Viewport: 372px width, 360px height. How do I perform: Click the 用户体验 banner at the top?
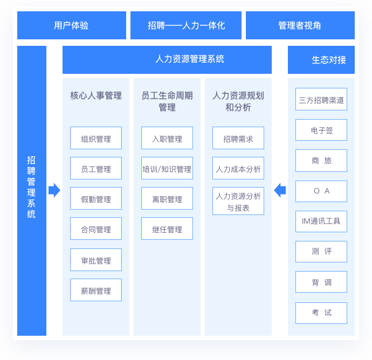[72, 25]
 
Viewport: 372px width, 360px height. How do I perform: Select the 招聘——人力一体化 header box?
[186, 25]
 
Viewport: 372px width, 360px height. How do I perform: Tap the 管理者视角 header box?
[300, 25]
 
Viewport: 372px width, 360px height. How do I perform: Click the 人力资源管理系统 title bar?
[167, 59]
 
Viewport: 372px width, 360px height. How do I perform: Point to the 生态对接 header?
[321, 59]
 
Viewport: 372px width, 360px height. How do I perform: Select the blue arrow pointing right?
[54, 190]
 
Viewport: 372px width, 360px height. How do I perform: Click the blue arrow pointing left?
[280, 190]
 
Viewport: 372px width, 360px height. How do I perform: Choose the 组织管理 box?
[96, 139]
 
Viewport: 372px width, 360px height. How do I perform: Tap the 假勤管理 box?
[96, 199]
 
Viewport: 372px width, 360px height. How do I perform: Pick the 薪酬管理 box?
[96, 290]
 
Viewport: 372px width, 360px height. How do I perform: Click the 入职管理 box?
[167, 139]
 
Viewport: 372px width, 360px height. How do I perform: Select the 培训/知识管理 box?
[167, 169]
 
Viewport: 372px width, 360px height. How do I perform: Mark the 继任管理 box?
[167, 229]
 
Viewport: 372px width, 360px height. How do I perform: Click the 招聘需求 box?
[238, 139]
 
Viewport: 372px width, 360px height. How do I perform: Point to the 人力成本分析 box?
[238, 169]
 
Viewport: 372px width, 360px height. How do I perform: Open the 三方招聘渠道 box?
[321, 100]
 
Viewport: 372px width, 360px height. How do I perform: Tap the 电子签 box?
[321, 130]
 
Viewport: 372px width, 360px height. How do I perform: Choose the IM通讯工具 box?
[321, 221]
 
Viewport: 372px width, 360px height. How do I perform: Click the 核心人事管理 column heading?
[96, 96]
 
